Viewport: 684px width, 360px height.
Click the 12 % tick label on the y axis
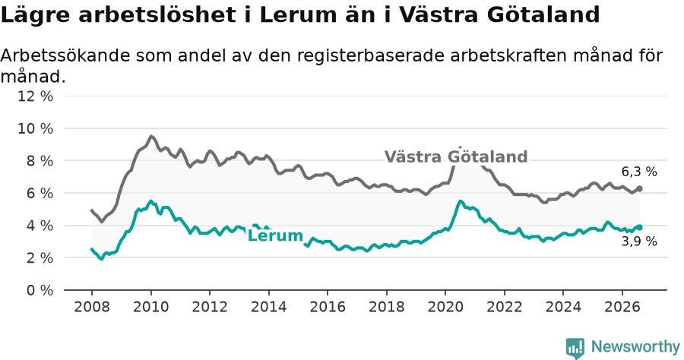[35, 96]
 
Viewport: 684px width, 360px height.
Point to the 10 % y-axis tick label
[35, 128]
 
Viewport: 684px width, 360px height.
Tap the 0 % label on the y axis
[40, 290]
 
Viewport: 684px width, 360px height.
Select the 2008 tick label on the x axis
[92, 307]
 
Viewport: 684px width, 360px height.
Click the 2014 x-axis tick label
[269, 307]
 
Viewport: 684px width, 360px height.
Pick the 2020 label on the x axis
[445, 307]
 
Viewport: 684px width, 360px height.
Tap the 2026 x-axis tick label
[622, 307]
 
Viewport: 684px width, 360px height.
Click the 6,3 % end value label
[639, 172]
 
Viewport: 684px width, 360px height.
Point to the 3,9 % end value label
[639, 241]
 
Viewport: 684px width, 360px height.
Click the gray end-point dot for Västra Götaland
[639, 188]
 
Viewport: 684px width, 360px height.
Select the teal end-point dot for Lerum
[639, 227]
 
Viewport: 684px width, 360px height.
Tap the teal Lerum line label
[275, 235]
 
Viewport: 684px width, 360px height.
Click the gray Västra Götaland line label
[456, 157]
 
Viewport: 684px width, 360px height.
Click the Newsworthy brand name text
[635, 347]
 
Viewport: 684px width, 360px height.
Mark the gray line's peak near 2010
[151, 137]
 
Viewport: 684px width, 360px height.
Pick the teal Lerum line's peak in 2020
[461, 201]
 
